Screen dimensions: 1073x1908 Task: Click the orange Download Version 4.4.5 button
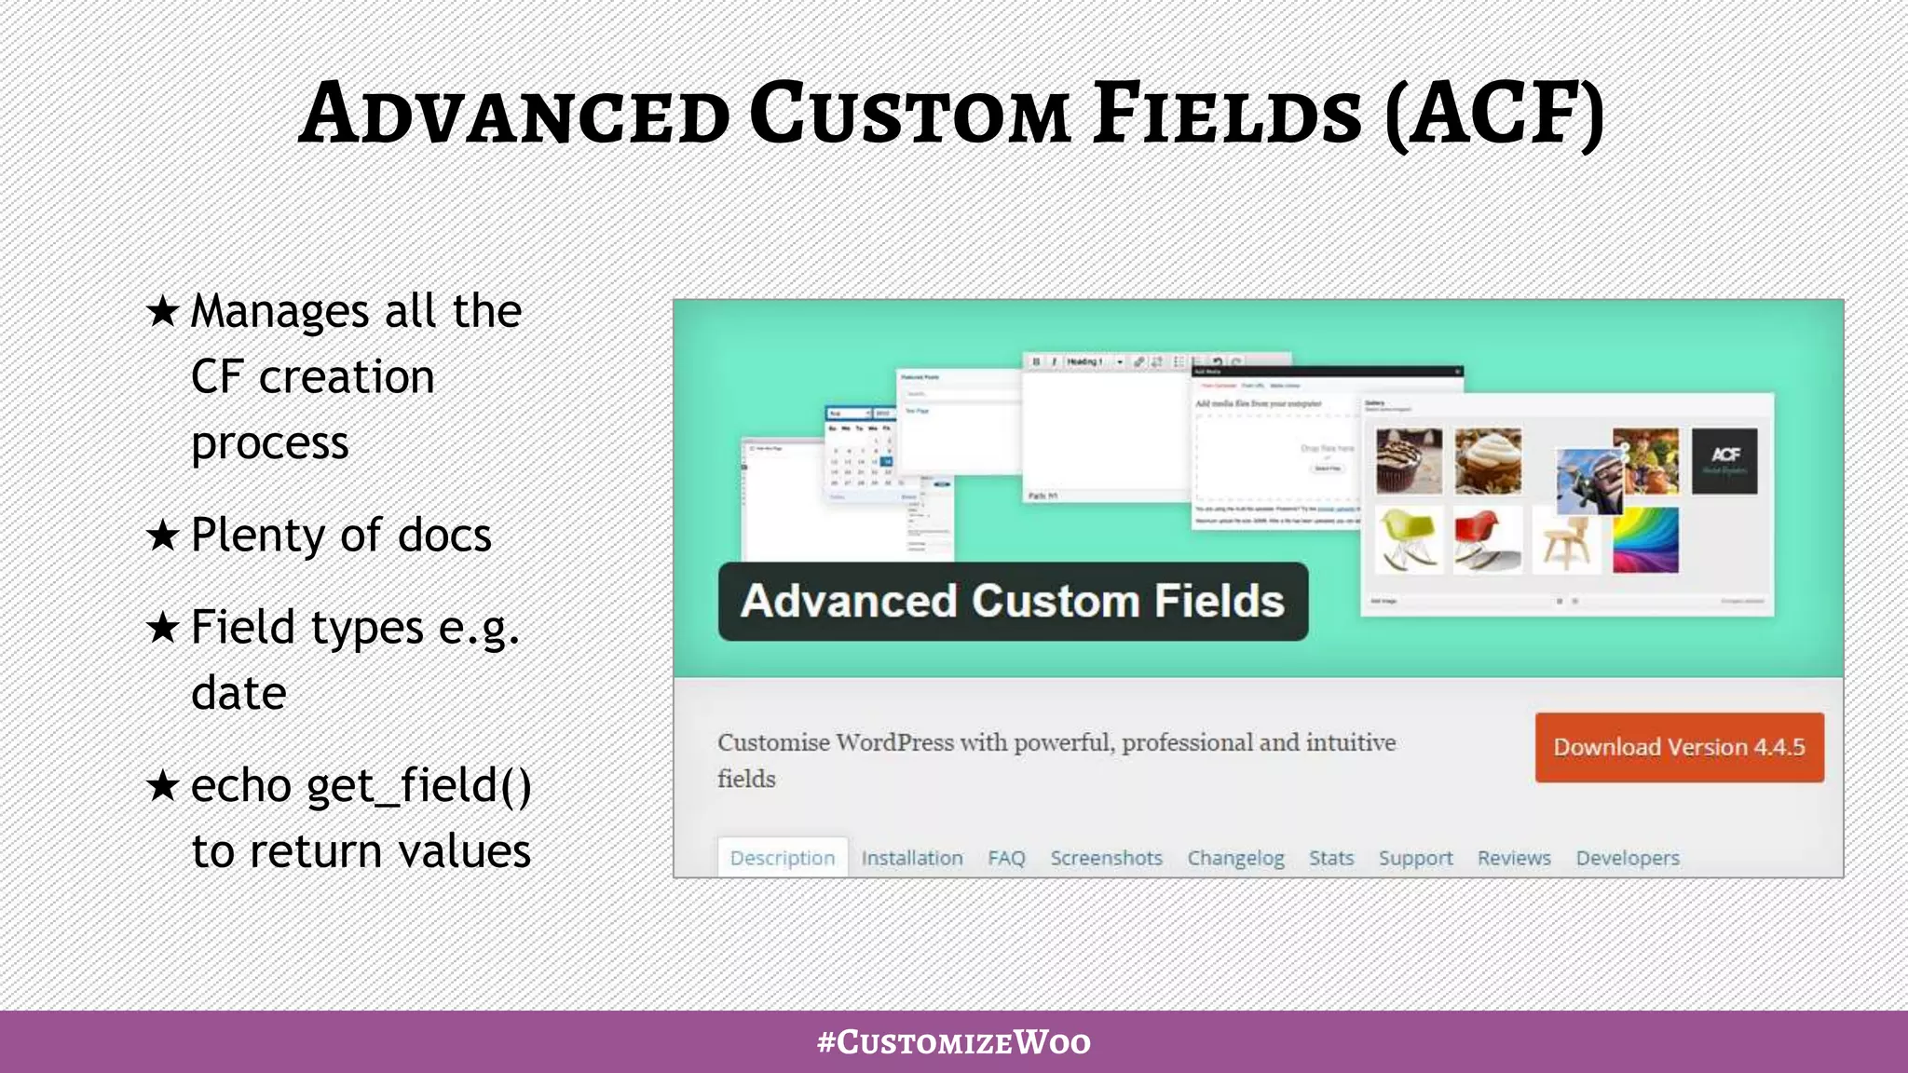click(1679, 747)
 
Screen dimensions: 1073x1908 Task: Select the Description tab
click(783, 858)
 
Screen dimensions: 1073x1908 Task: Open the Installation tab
click(911, 858)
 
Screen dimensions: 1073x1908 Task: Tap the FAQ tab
click(1006, 858)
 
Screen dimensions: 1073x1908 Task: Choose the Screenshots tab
click(1106, 858)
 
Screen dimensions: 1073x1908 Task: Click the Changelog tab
click(1235, 858)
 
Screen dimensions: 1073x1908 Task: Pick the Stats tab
click(1330, 858)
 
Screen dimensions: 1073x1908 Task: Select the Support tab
click(1415, 858)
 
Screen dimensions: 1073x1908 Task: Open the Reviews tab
click(1514, 858)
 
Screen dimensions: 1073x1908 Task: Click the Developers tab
click(1628, 858)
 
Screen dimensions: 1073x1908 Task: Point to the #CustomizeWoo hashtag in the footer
click(953, 1041)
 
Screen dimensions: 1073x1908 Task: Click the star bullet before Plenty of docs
click(163, 536)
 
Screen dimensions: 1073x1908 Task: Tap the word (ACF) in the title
click(1494, 114)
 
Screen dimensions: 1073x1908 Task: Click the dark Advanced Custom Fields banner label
click(1013, 601)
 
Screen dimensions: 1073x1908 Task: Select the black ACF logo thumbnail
click(1724, 460)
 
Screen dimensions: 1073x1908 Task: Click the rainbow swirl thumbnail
click(1645, 539)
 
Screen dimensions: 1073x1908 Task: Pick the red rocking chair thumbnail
click(1487, 539)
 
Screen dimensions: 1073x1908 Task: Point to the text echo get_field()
click(361, 785)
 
